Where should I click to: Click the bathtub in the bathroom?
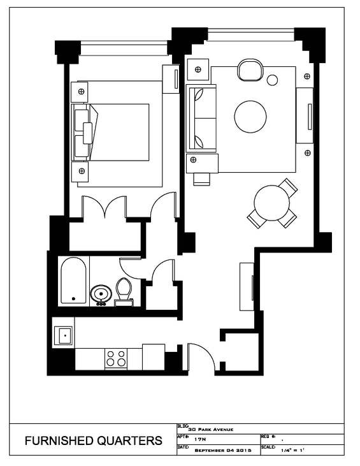73,280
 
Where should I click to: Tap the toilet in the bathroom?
124,291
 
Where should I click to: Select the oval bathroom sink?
101,295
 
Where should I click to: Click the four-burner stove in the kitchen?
116,358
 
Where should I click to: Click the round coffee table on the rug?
250,117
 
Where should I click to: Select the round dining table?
272,203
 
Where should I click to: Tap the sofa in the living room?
201,119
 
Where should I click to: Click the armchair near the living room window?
250,70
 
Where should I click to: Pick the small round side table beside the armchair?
272,80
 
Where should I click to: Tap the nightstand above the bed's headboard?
79,92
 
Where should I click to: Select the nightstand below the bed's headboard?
80,171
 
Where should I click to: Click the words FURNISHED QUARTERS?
93,441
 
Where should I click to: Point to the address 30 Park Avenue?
211,430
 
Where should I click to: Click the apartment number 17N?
199,439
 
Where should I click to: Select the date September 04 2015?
223,450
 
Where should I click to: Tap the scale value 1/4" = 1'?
292,450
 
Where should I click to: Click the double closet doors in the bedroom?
104,206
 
